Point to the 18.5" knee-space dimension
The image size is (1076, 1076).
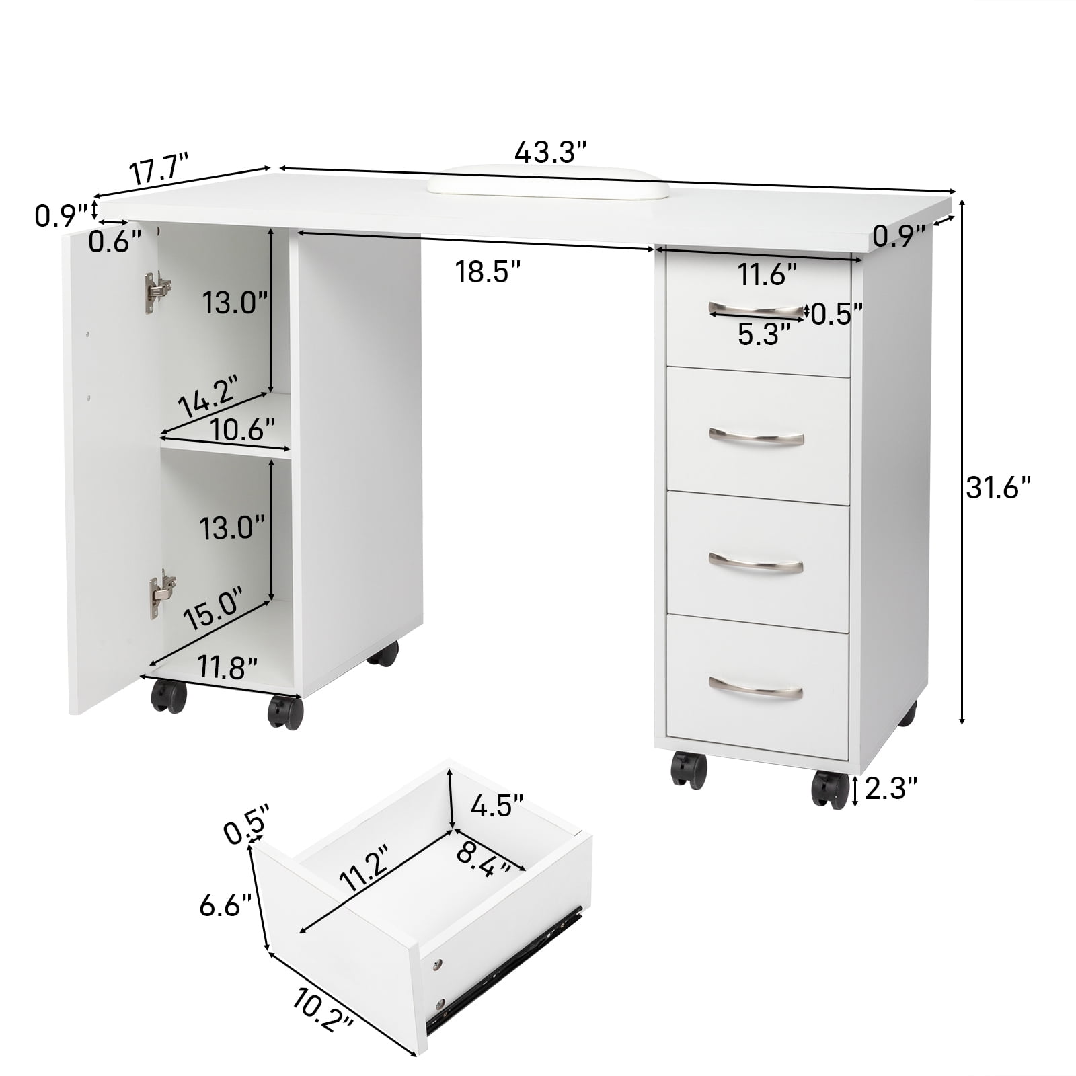tap(488, 272)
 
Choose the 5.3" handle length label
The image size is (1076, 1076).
tap(763, 334)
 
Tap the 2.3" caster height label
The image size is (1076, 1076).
tap(891, 788)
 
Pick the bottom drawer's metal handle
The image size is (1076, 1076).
tap(757, 688)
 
